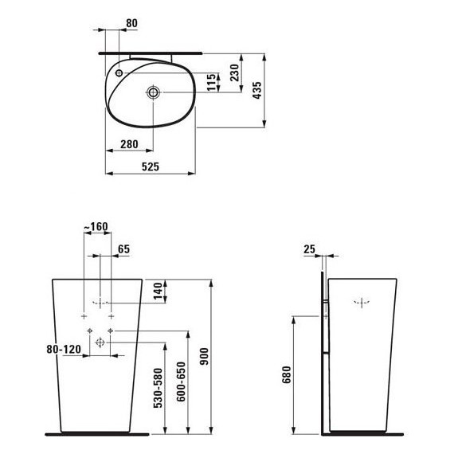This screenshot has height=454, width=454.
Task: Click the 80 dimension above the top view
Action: (131, 22)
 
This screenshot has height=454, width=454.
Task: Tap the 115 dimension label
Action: (211, 82)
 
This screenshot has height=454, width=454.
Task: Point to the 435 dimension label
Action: (256, 91)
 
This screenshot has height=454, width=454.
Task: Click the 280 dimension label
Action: (130, 144)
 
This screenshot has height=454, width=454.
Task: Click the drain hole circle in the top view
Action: (153, 93)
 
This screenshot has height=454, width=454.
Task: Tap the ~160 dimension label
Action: (96, 227)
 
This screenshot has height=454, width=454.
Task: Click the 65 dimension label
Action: (123, 249)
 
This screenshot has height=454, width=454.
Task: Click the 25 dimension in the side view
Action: (309, 249)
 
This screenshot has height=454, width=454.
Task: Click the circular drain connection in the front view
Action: (100, 342)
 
